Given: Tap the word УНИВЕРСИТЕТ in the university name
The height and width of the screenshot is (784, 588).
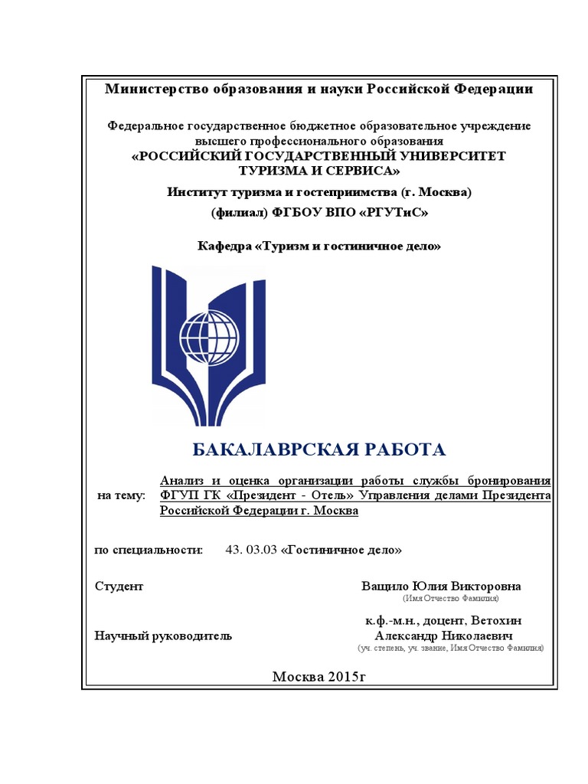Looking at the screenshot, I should pyautogui.click(x=441, y=155).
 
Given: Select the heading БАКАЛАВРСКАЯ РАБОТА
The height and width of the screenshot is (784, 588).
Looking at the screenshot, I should pyautogui.click(x=317, y=449).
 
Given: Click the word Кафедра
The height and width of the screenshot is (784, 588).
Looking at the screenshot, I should pyautogui.click(x=225, y=247).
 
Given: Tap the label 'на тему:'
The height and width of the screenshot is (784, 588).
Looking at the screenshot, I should pyautogui.click(x=121, y=496).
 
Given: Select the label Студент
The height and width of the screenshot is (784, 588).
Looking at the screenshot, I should pyautogui.click(x=119, y=586).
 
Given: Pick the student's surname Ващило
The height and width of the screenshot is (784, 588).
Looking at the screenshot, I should pyautogui.click(x=384, y=586).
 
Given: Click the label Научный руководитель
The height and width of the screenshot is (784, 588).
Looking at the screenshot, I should pyautogui.click(x=163, y=636).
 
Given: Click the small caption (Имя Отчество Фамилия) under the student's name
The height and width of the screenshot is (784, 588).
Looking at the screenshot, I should pyautogui.click(x=450, y=597).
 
